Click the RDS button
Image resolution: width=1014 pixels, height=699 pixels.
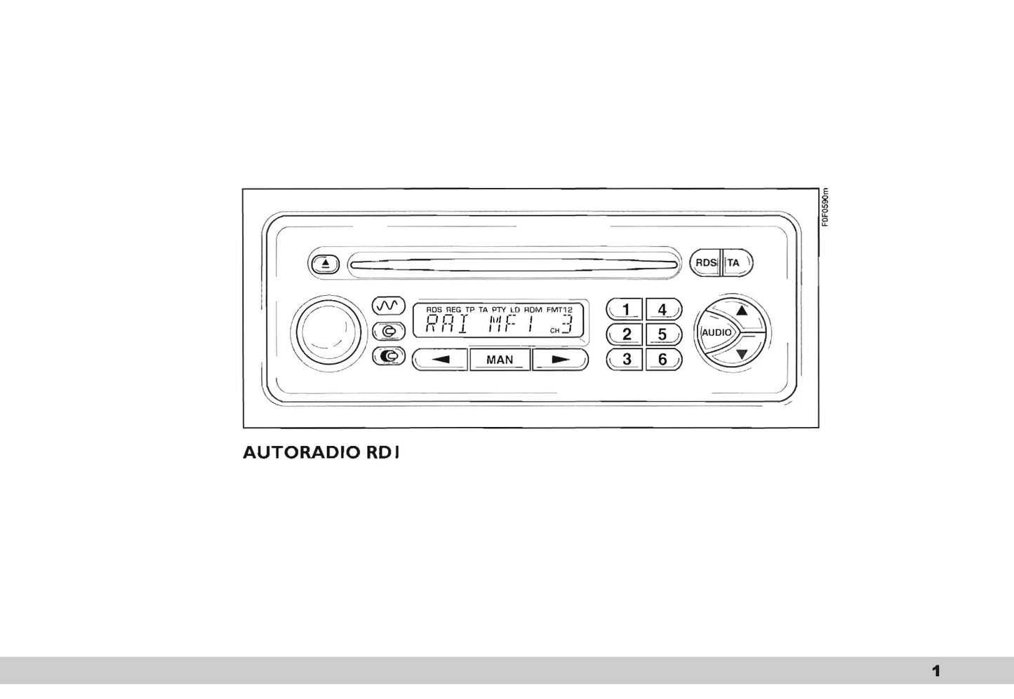705,263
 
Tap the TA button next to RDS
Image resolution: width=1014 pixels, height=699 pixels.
735,263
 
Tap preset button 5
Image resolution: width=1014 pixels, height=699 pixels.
662,334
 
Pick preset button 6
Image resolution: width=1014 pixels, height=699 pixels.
662,360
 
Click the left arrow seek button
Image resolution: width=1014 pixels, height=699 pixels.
440,360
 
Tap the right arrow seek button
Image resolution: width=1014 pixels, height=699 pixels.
559,360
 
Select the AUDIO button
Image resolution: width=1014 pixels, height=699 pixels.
716,332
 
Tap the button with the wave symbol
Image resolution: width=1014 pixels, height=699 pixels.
389,306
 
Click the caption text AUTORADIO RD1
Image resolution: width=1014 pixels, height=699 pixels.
321,453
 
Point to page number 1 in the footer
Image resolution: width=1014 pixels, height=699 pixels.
935,671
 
